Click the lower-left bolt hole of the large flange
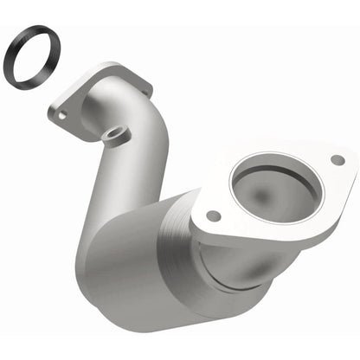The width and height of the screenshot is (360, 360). pyautogui.click(x=213, y=215)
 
